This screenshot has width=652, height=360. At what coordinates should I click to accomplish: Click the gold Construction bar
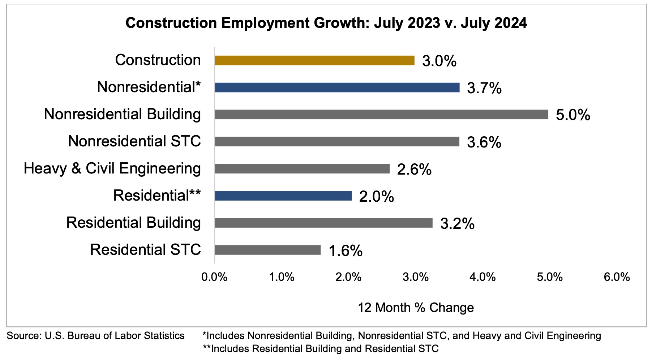click(x=314, y=60)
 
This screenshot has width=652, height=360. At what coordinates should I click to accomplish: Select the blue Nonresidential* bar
click(x=337, y=87)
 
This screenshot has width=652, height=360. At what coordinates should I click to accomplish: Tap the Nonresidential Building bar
click(x=381, y=115)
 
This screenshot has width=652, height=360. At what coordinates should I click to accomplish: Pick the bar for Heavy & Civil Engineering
click(x=302, y=169)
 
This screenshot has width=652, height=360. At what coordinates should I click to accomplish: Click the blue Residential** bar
click(x=283, y=196)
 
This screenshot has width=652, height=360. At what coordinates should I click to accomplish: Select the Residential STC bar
click(x=267, y=250)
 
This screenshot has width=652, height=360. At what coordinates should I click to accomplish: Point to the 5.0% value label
click(x=573, y=115)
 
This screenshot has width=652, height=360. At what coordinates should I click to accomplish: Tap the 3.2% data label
click(x=457, y=224)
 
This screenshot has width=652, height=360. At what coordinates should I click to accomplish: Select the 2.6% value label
click(x=414, y=170)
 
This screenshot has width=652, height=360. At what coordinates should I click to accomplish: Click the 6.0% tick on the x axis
click(x=617, y=277)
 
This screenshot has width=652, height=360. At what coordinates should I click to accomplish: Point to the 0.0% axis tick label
click(x=215, y=277)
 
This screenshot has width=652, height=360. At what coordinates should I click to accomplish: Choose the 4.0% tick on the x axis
click(x=483, y=277)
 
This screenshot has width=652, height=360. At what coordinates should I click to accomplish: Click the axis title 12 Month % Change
click(x=416, y=308)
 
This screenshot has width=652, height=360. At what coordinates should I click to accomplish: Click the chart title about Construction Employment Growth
click(x=326, y=23)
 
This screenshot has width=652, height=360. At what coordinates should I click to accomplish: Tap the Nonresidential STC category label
click(x=134, y=141)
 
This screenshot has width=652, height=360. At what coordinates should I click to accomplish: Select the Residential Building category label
click(x=133, y=223)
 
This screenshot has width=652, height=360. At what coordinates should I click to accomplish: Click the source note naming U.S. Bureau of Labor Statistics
click(x=96, y=336)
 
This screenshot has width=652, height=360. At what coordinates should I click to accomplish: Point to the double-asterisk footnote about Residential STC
click(x=321, y=349)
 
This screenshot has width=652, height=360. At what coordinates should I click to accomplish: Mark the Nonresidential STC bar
click(x=337, y=142)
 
